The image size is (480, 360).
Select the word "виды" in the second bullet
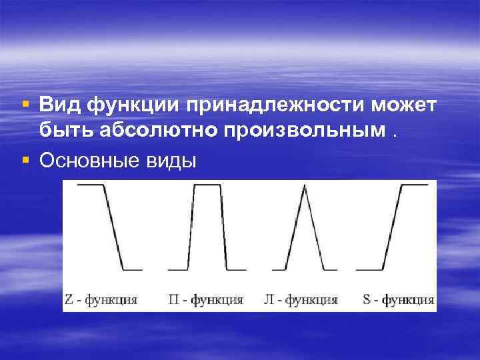tap(173, 161)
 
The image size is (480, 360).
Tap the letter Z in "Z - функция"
tap(69, 299)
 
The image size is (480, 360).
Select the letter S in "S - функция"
tap(367, 299)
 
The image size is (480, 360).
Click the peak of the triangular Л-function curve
tap(304, 186)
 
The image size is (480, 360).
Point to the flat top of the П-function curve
tap(207, 185)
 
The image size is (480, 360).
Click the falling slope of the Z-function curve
tap(113, 227)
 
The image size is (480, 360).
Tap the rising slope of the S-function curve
tap(392, 227)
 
